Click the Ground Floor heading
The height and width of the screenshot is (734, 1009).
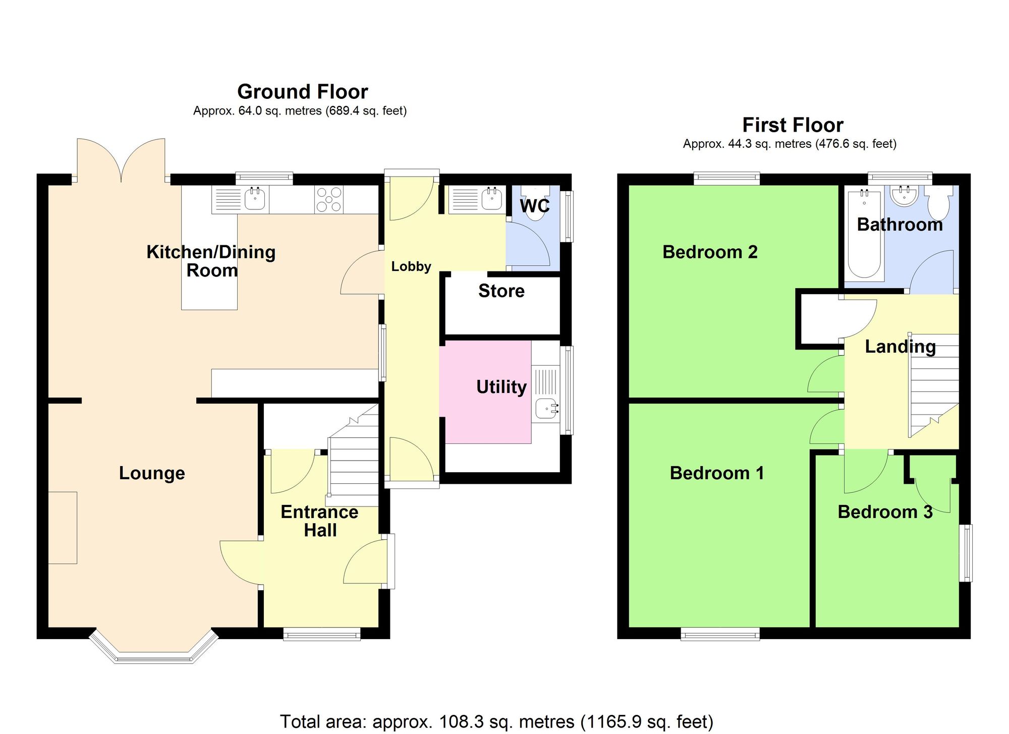(x=302, y=92)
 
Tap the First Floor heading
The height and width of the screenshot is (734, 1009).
(x=793, y=125)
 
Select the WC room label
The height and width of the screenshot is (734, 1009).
(x=534, y=206)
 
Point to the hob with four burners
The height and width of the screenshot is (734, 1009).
(x=328, y=200)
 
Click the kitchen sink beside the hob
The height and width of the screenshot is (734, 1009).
(x=255, y=199)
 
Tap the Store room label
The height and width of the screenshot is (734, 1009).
(x=501, y=291)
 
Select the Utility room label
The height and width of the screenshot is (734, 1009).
(x=501, y=387)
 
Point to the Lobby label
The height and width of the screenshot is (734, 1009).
(x=411, y=266)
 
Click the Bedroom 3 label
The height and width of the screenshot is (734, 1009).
(x=885, y=512)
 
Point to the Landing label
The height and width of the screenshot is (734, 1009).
(x=900, y=347)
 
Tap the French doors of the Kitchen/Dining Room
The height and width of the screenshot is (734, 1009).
(x=121, y=160)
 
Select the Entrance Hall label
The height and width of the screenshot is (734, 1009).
(x=319, y=521)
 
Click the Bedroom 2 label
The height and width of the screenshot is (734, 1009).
(x=709, y=252)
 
